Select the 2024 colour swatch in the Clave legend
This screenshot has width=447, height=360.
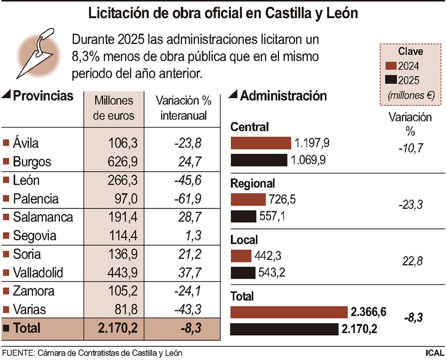coord(391,66)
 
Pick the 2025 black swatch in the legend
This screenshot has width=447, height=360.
coord(391,80)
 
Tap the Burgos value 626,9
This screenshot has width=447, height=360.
coord(122,162)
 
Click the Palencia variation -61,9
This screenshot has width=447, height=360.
coord(188,199)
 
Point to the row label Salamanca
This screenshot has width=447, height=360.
coord(43,217)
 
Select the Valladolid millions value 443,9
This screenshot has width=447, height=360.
coord(122,272)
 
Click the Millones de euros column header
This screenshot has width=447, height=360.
coord(114,108)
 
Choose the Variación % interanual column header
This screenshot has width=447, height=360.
coord(183,108)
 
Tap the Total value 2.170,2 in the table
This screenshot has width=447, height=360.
coord(118,328)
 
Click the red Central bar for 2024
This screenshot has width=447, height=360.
coord(261,143)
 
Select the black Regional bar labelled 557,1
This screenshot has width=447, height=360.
coord(243,216)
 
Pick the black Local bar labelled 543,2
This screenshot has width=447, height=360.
coord(243,273)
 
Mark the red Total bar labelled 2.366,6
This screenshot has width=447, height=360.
coord(289,312)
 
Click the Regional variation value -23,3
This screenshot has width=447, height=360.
coord(411,205)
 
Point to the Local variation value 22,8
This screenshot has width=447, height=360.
coord(412,261)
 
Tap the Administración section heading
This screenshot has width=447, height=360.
coord(283,96)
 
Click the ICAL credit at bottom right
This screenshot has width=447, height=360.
coord(435,353)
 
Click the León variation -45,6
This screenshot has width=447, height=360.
coord(188,180)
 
